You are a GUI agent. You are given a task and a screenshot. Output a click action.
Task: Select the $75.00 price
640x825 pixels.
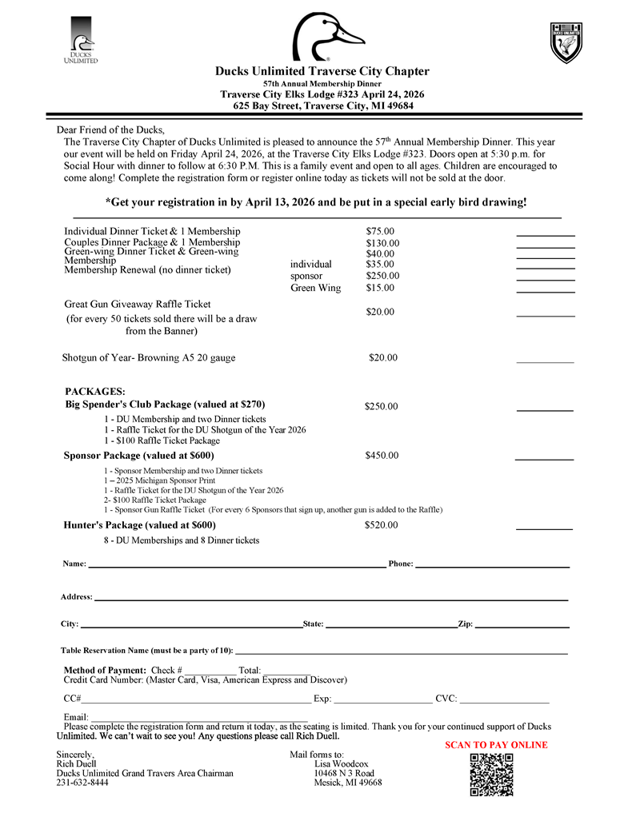(380, 231)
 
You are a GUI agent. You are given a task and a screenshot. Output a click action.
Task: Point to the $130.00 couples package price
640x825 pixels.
(382, 243)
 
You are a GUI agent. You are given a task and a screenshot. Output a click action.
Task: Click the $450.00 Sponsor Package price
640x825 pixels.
(381, 456)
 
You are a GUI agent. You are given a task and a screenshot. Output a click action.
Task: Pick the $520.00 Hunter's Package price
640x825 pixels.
(381, 525)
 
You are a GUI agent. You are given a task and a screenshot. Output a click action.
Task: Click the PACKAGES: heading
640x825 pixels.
(94, 391)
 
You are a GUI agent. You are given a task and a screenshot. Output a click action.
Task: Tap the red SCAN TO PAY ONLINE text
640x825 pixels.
(496, 745)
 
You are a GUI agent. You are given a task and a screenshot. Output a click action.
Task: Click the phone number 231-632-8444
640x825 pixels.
(82, 783)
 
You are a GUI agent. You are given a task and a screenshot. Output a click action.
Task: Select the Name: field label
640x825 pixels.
(74, 564)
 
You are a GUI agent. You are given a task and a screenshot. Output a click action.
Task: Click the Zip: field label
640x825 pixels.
(465, 624)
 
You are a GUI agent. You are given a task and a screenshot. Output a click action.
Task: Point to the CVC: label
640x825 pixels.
(446, 699)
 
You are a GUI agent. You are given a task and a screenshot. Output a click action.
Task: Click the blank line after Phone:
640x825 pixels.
(491, 566)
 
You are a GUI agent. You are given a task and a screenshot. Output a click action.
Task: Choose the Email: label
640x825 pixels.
(75, 717)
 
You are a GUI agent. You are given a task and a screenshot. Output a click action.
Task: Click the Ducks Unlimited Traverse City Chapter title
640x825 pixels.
(322, 71)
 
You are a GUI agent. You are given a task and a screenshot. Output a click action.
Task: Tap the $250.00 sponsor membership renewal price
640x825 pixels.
(382, 276)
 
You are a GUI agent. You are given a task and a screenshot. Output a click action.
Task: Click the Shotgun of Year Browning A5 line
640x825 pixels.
(149, 357)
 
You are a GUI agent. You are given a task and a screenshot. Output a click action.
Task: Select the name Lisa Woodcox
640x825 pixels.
(342, 763)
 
